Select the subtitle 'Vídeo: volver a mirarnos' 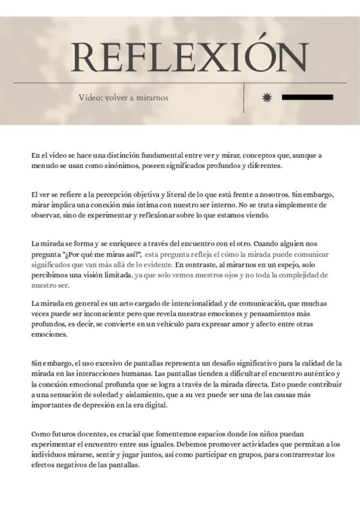point(123,98)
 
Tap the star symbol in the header point(267,97)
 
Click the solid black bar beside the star point(307,97)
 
